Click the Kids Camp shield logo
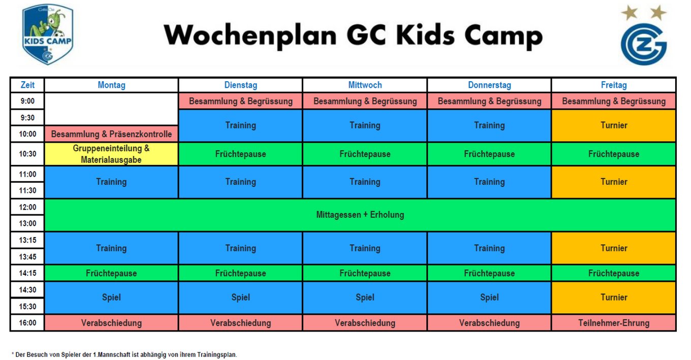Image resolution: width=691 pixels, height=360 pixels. click(48, 34)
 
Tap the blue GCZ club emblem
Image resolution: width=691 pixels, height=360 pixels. click(644, 44)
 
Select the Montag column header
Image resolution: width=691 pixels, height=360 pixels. click(111, 85)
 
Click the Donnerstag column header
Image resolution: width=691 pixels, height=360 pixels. click(489, 85)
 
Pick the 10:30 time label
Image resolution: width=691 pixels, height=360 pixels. click(27, 154)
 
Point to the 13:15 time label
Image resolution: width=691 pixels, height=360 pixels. click(27, 240)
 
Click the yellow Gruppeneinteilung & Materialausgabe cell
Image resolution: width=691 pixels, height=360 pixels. click(111, 154)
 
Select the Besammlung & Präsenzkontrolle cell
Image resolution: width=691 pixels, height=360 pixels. click(111, 134)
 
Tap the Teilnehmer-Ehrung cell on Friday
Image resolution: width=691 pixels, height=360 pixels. click(614, 323)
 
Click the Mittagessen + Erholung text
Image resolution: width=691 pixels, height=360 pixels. click(360, 214)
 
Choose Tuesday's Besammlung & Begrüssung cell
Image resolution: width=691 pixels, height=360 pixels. click(241, 101)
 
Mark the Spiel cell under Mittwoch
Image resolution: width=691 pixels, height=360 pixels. click(365, 298)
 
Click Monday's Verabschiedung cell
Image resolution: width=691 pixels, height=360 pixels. click(111, 323)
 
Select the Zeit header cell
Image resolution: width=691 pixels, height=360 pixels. click(27, 85)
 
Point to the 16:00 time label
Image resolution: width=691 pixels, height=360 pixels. click(27, 323)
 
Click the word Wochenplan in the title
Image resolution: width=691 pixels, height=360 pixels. click(250, 36)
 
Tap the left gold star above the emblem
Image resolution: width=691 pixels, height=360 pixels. click(630, 13)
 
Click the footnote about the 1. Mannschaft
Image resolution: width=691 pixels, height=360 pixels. click(124, 355)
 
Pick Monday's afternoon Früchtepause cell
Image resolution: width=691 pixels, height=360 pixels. click(111, 273)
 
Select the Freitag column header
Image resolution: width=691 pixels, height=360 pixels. click(614, 85)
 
